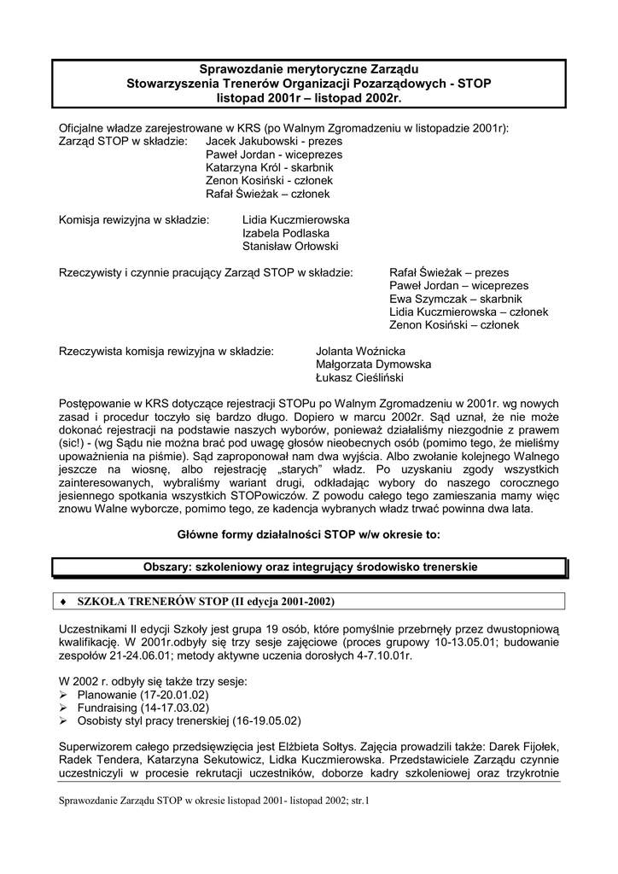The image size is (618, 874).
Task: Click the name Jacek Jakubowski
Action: pyautogui.click(x=248, y=141)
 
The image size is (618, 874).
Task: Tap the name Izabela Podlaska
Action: pyautogui.click(x=285, y=232)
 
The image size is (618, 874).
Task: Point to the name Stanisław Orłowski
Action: pyautogui.click(x=290, y=246)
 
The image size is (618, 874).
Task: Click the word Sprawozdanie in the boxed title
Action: pyautogui.click(x=239, y=69)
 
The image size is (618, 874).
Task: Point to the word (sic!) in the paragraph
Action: pyautogui.click(x=73, y=443)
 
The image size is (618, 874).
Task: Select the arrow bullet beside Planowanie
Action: pyautogui.click(x=64, y=696)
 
